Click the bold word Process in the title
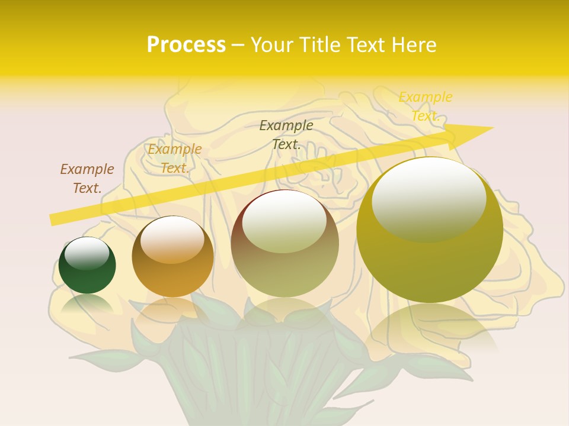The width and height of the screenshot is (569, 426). (186, 45)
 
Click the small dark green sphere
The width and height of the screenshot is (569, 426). (87, 272)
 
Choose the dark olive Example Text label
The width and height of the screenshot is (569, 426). (286, 134)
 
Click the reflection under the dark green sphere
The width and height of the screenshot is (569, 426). (87, 304)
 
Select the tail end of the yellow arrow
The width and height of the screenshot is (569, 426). (53, 220)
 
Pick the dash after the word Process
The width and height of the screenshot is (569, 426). (238, 45)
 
